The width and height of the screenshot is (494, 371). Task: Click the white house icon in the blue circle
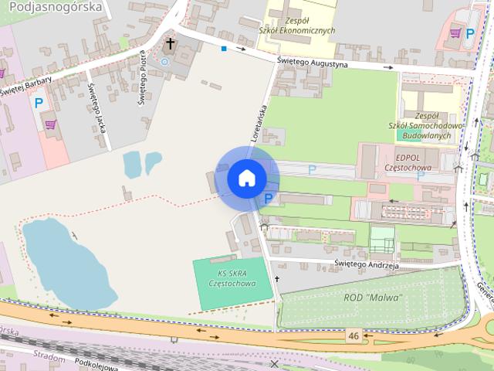coord(247,179)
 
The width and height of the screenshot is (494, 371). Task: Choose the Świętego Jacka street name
coord(96,107)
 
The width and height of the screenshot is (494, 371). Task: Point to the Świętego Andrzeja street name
coord(367,264)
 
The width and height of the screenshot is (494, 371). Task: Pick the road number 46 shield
coord(354,335)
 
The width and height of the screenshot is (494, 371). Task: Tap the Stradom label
coord(48,355)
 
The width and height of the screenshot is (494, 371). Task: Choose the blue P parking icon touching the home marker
coord(268,199)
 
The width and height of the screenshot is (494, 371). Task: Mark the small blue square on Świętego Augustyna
coord(223,49)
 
